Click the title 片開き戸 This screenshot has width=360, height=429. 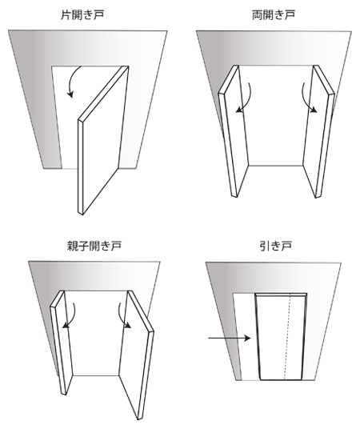82,14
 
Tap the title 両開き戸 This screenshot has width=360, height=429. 274,14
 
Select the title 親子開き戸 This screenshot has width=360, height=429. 94,246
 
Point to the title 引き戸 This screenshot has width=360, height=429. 275,246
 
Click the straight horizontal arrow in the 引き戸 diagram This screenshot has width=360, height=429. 230,339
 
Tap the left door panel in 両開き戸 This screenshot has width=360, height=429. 233,131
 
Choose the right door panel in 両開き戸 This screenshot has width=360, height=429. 319,131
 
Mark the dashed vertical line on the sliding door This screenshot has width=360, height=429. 287,337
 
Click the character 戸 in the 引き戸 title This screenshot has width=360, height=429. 286,246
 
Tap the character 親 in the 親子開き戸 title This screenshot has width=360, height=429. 73,246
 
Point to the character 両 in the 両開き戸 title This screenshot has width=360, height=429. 257,14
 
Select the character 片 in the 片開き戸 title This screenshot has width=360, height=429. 66,14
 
